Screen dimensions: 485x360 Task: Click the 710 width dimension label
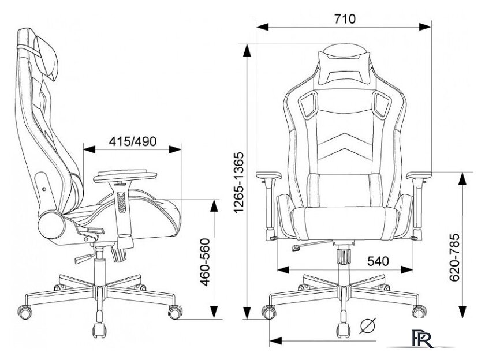[x=345, y=19]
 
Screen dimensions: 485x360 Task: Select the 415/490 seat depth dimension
[x=133, y=141]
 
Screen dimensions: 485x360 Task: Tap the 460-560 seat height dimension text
[x=205, y=262]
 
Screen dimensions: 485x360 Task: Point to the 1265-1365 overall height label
[x=239, y=183]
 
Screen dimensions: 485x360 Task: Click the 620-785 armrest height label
[x=454, y=258]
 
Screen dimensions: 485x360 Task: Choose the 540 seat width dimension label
[x=378, y=261]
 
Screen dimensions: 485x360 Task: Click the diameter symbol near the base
[x=368, y=326]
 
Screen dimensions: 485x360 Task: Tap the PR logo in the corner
[x=421, y=338]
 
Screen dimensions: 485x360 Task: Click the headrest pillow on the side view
[x=46, y=58]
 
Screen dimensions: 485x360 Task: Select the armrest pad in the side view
[x=125, y=176]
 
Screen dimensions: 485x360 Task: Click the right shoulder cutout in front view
[x=382, y=104]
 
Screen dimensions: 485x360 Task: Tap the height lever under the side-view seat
[x=84, y=258]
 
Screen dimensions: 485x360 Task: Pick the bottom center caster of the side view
[x=99, y=330]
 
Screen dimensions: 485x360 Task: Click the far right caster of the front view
[x=419, y=311]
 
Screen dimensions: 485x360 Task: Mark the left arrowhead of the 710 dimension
[x=262, y=27]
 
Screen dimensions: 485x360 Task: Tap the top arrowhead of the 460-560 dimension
[x=214, y=205]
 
